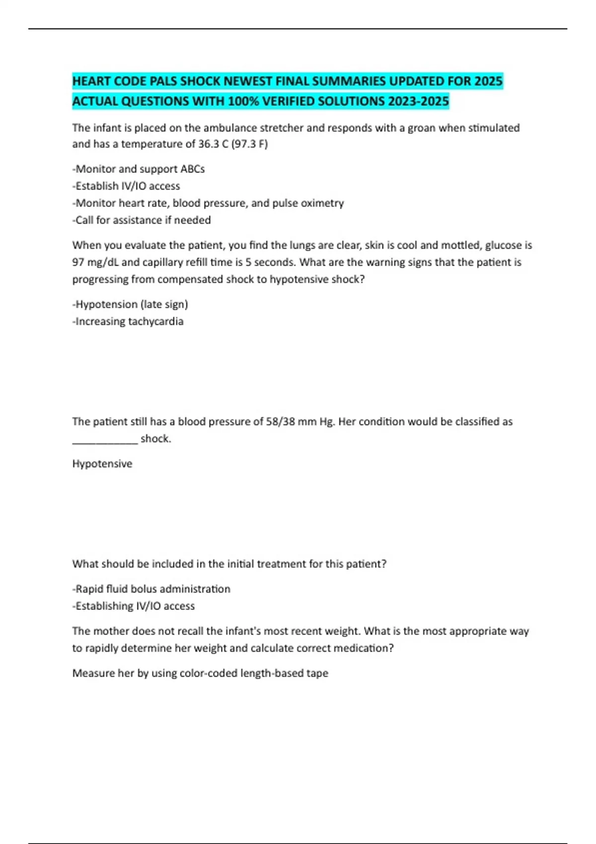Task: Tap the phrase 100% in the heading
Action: click(243, 101)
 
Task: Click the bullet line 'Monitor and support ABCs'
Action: click(139, 169)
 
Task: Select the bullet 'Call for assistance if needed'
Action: click(142, 220)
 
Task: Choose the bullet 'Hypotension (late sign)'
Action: click(130, 304)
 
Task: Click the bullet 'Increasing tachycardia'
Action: click(128, 321)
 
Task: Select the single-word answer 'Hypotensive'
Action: click(102, 464)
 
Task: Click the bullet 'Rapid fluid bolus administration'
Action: click(151, 589)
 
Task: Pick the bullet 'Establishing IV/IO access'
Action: click(134, 606)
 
